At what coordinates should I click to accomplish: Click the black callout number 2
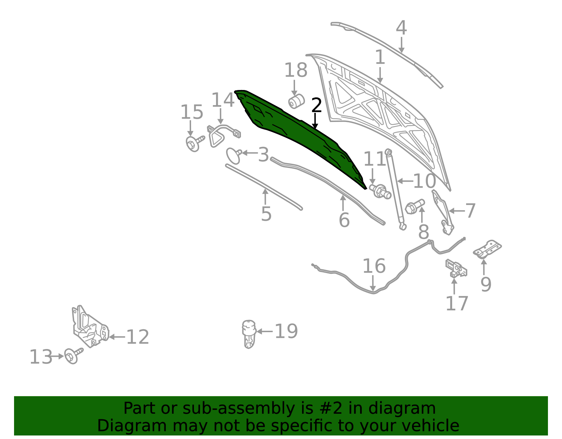point(316,105)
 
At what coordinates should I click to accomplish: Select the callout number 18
point(296,70)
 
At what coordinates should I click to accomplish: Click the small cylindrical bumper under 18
point(296,102)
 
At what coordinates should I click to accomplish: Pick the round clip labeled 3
point(234,156)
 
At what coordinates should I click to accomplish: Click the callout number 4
point(401,28)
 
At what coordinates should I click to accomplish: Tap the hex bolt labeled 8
point(414,206)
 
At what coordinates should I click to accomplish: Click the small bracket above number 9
point(487,249)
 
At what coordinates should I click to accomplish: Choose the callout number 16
point(374,266)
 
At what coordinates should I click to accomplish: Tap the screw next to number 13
point(73,356)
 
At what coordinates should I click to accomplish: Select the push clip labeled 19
point(249,334)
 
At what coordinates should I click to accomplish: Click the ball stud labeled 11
point(380,192)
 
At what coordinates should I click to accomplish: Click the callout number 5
point(266,214)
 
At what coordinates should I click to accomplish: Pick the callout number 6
point(344,220)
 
